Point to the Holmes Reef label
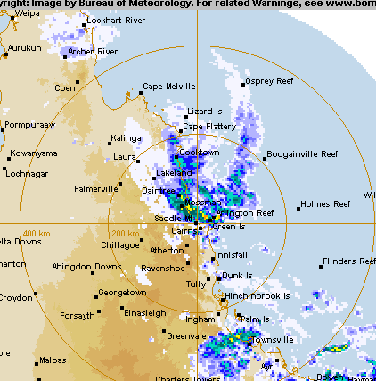tap(327, 204)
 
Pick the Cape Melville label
tap(169, 87)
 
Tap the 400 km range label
tap(37, 232)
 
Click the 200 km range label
tap(125, 232)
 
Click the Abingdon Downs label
tap(86, 267)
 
